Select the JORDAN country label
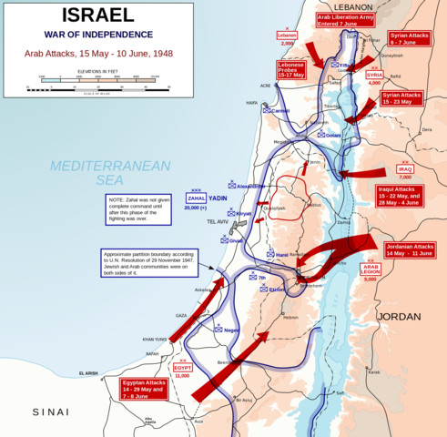coord(399,317)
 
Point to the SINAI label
coord(50,412)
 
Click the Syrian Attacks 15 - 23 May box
coord(401,99)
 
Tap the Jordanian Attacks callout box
coord(411,250)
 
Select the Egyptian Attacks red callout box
coord(146,389)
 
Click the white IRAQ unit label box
coord(405,169)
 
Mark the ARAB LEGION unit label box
coord(370,269)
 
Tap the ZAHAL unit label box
coord(197,197)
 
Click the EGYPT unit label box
coord(182,367)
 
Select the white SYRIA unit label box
coord(374,75)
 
